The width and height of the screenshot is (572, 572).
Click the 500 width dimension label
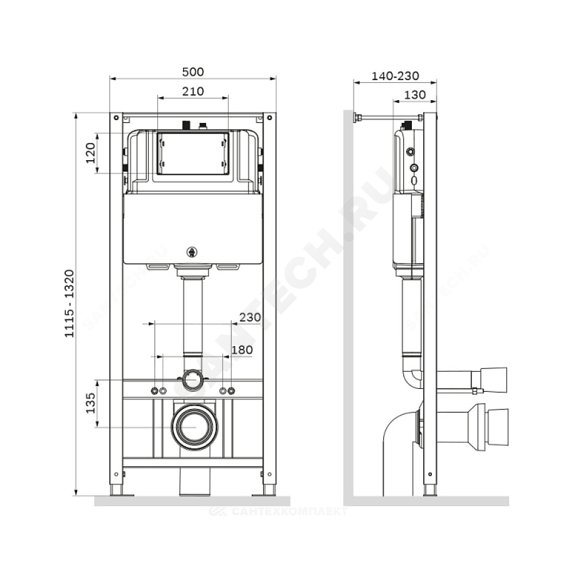point(193,71)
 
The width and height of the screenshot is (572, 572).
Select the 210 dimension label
point(193,91)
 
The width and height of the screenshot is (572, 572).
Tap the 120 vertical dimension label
point(90,153)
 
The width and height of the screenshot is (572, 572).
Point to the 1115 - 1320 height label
point(69,304)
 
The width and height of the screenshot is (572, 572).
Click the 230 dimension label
point(250,317)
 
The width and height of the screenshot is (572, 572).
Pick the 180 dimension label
point(242,350)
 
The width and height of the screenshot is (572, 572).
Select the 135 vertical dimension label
point(90,403)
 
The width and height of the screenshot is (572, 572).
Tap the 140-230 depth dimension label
point(395,76)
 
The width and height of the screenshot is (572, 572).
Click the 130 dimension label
point(415,95)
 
